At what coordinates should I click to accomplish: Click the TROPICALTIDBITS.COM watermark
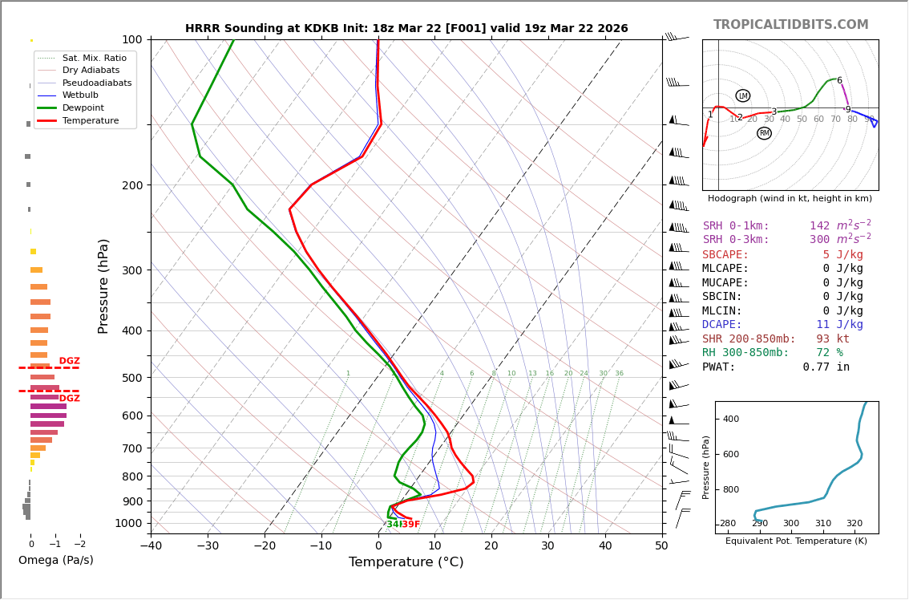click(x=790, y=25)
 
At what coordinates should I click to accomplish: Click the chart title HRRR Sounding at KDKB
click(x=406, y=28)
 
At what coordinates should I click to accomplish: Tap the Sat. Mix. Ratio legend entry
click(x=94, y=58)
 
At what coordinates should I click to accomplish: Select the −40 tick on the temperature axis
click(x=151, y=546)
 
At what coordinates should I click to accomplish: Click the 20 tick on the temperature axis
click(x=491, y=546)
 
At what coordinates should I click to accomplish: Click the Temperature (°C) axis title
click(x=406, y=562)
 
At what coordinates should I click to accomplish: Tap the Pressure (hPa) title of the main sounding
click(x=103, y=286)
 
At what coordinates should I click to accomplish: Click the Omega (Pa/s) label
click(x=56, y=560)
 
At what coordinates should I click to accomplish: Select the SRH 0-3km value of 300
click(x=819, y=240)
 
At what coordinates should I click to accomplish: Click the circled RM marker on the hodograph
click(x=764, y=133)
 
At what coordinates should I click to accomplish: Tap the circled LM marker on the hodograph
click(x=743, y=95)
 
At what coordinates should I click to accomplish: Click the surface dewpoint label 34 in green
click(x=392, y=525)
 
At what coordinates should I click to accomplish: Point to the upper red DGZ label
click(x=70, y=361)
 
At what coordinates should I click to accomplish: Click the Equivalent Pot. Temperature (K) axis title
click(x=797, y=541)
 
